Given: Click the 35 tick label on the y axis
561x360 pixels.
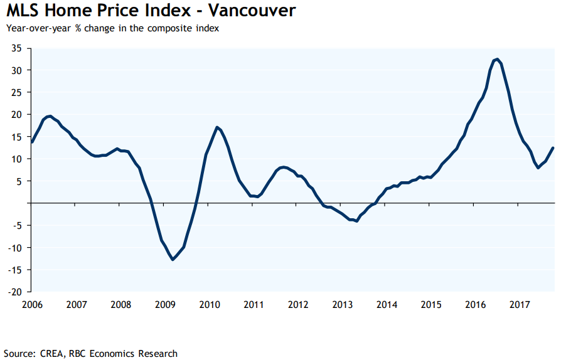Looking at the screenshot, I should (16, 48).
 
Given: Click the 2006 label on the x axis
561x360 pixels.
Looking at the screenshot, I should (32, 305).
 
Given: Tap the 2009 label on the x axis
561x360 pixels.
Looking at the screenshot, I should (165, 305).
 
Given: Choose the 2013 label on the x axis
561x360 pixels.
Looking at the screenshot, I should (343, 305).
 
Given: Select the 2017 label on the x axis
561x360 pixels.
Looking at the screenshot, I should (520, 305).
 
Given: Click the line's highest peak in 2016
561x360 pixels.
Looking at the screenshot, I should (496, 60).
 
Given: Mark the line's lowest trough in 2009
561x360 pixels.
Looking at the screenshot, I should (173, 259).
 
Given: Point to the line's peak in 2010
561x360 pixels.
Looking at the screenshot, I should (216, 127).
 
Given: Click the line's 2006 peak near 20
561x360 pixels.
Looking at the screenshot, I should (49, 116).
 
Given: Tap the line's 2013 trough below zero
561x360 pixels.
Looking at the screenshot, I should (356, 221).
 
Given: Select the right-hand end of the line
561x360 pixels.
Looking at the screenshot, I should (553, 148).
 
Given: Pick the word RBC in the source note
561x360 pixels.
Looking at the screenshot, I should (78, 354).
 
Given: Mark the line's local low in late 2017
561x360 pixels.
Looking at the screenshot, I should (538, 167).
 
